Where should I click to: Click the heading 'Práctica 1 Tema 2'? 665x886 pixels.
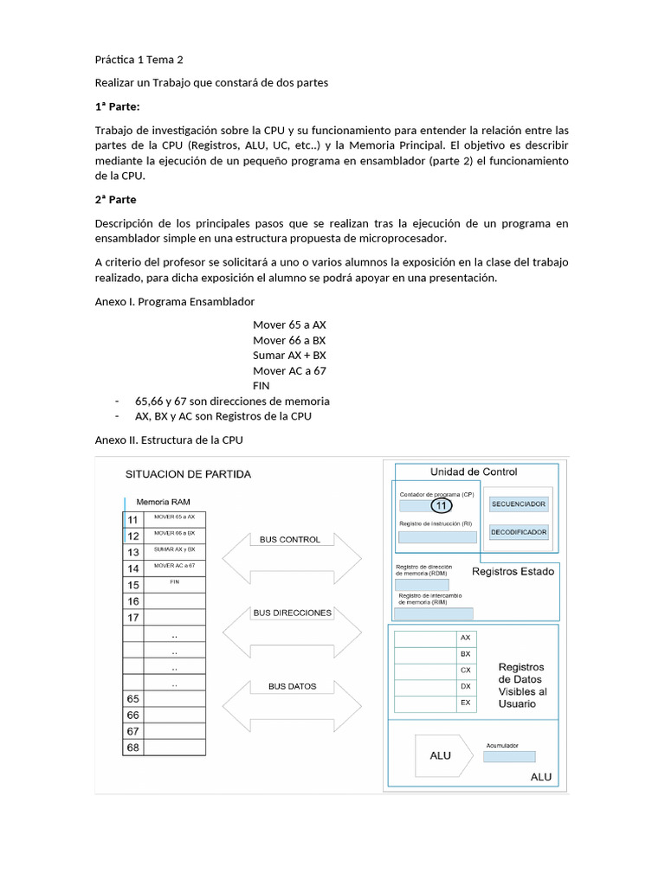(139, 60)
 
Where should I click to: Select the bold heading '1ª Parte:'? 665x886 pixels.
(117, 106)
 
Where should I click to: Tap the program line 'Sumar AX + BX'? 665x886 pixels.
(289, 356)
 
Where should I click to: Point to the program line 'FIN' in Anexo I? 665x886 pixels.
(261, 386)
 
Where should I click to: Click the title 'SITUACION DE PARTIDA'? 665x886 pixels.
(189, 474)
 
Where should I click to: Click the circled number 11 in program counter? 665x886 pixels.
(442, 505)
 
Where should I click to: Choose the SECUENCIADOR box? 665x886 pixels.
(519, 504)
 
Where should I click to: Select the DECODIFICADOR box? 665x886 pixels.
(519, 532)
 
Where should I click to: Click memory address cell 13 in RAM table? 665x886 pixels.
(133, 552)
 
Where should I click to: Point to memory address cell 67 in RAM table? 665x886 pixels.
(133, 731)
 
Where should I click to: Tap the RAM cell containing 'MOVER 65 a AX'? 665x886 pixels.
(174, 518)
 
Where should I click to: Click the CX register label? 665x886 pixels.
(466, 670)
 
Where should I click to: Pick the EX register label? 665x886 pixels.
(466, 703)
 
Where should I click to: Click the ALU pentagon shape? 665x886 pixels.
(442, 755)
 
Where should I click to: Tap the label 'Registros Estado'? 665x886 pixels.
(513, 572)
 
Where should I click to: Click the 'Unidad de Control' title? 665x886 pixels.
(474, 472)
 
